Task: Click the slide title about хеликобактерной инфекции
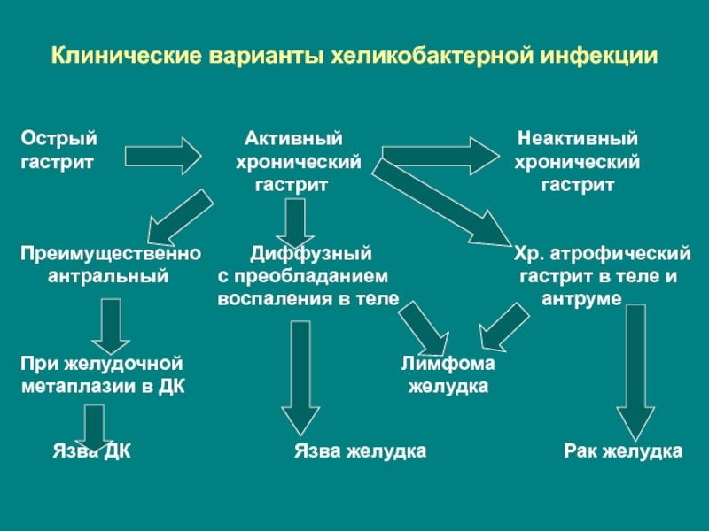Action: [x=354, y=56]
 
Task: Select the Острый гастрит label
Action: [x=59, y=150]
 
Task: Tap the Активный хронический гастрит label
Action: [x=295, y=163]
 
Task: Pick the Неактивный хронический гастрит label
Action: [x=578, y=163]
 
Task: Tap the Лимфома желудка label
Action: [x=448, y=375]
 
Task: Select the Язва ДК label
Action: [x=91, y=451]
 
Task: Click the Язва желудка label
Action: [x=360, y=451]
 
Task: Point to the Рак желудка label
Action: [x=623, y=451]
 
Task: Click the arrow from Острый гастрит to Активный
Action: [x=163, y=156]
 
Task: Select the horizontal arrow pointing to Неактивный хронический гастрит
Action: [x=439, y=156]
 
